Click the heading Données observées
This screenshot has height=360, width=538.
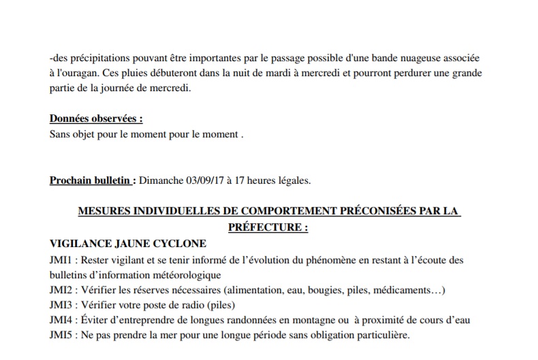coord(96,119)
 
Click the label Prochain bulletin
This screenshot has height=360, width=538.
coord(91,180)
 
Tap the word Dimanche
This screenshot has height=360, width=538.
coord(161,180)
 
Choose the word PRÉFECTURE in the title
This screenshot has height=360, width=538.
coord(262,228)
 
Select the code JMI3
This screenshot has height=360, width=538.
coord(63,305)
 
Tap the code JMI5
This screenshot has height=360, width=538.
coord(63,336)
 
